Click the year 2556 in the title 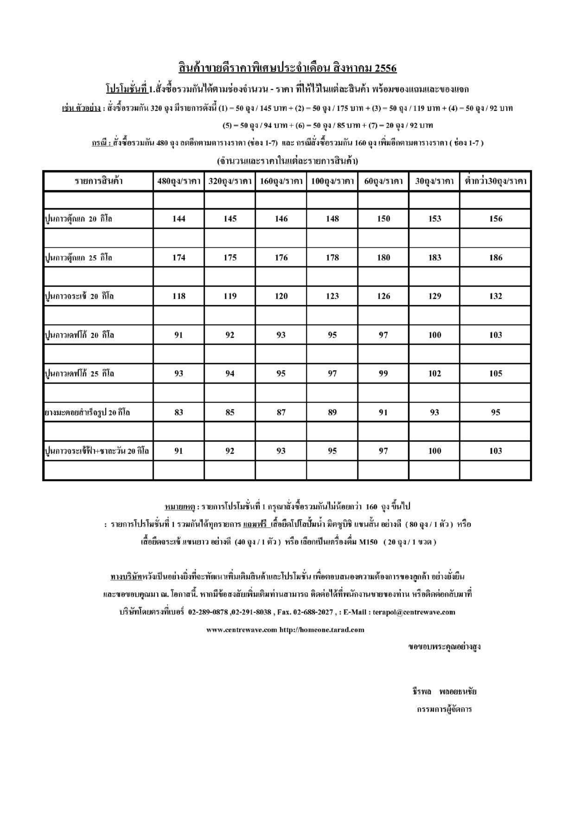tap(386, 68)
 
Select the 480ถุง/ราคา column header tap(179, 181)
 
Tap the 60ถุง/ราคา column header tap(384, 181)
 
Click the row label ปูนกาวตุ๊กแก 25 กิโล tap(78, 258)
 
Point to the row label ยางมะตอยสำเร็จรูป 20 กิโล tap(88, 413)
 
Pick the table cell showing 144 tap(179, 219)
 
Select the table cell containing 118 tap(179, 296)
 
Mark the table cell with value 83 tap(179, 413)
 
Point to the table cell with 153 tap(434, 219)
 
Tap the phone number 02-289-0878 tap(208, 612)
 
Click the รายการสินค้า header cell tap(98, 181)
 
